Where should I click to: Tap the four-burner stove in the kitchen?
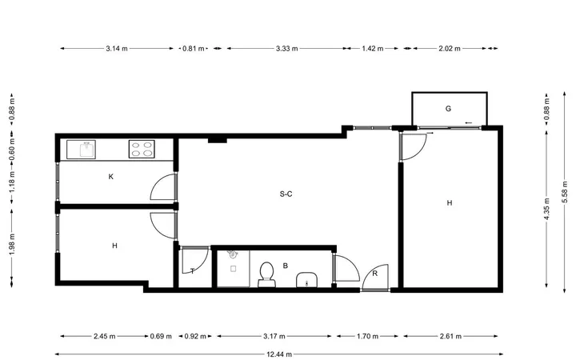point(142,149)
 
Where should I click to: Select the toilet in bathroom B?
point(266,274)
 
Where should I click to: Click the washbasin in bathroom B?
point(306,280)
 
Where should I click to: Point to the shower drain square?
point(233,269)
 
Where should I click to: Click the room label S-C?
point(286,194)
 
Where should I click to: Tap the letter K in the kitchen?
point(111,177)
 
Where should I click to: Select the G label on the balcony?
point(448,109)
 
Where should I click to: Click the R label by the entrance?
point(374,274)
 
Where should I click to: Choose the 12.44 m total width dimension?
point(279,354)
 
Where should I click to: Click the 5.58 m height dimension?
point(565,192)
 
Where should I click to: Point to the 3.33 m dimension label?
point(287,49)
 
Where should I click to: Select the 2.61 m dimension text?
point(450,336)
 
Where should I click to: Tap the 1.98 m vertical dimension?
point(12,244)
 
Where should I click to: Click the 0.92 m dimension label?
point(195,336)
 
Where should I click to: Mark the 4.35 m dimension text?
point(546,209)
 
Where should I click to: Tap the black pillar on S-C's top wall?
point(218,140)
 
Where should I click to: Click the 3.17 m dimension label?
point(274,336)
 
